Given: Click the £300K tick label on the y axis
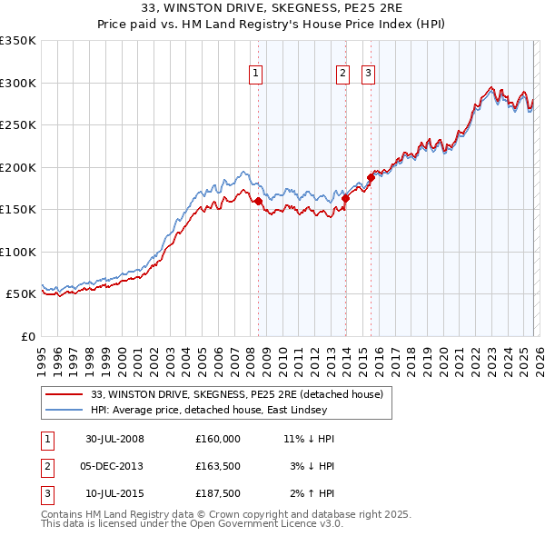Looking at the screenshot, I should click(18, 83).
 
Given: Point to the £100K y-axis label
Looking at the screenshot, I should click(18, 252).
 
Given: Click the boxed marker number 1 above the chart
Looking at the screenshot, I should click(255, 74).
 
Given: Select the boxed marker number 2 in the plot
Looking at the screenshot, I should click(342, 74).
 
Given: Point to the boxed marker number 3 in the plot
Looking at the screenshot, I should click(369, 74).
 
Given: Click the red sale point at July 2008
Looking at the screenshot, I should click(259, 201).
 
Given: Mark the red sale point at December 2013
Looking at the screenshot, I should click(345, 198).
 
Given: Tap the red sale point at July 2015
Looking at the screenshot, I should click(371, 178).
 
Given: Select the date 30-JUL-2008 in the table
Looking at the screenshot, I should click(114, 438).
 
